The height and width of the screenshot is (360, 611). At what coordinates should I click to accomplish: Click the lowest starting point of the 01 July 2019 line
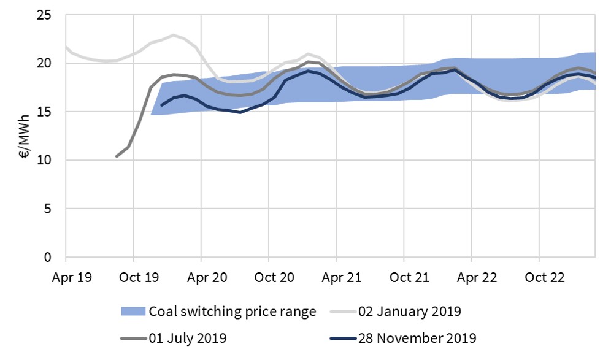tap(117, 156)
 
